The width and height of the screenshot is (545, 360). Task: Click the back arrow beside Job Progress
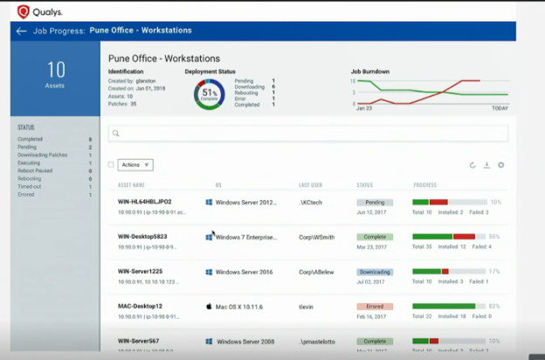pos(21,31)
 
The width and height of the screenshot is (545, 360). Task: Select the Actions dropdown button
pos(135,164)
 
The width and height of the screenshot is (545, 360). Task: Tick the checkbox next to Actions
pos(110,164)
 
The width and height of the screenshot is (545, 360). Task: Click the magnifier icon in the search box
pos(115,134)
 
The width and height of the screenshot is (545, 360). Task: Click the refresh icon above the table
pos(473,164)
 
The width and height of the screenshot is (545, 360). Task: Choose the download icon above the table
pos(486,164)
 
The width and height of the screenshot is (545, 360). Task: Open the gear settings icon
pos(501,164)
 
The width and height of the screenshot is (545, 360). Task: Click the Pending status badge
pos(375,202)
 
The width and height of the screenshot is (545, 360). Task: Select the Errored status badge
pos(375,307)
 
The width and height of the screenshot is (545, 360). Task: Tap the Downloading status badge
pos(375,272)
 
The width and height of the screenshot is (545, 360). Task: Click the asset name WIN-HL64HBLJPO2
pos(145,202)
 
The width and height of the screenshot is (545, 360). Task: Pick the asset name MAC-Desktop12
pos(140,307)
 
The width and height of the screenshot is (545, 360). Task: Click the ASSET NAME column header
pos(131,185)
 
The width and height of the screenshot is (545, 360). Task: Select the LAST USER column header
pos(311,185)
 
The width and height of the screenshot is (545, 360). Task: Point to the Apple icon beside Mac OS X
pos(210,307)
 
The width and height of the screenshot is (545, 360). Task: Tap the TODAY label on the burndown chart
pos(500,108)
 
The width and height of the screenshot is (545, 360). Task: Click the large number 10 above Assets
pos(56,71)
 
